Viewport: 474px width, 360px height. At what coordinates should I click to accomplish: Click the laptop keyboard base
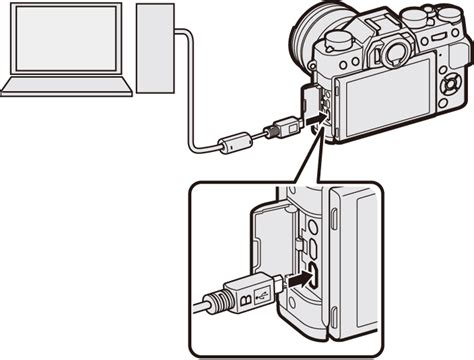tap(66, 86)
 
